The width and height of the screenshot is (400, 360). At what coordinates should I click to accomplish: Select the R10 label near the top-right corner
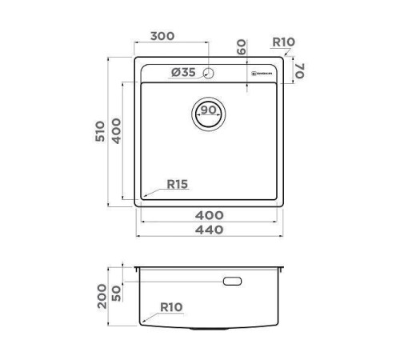point(284,42)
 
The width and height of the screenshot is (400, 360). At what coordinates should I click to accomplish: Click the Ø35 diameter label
point(183,73)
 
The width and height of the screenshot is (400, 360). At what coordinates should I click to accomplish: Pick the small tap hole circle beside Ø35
point(209,74)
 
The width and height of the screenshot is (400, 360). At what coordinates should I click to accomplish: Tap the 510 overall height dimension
point(101,133)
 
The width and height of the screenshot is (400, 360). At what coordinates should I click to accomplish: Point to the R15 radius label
point(177,185)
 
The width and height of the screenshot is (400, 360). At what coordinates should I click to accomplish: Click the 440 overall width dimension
point(210,230)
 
